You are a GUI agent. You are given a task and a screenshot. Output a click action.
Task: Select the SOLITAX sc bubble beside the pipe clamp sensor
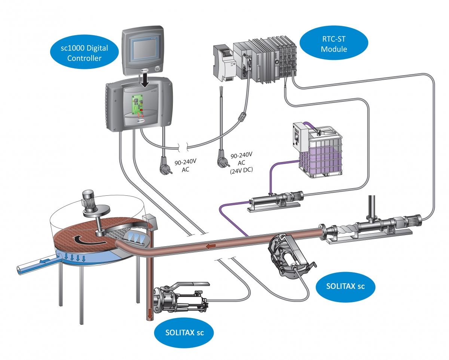point(345,287)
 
